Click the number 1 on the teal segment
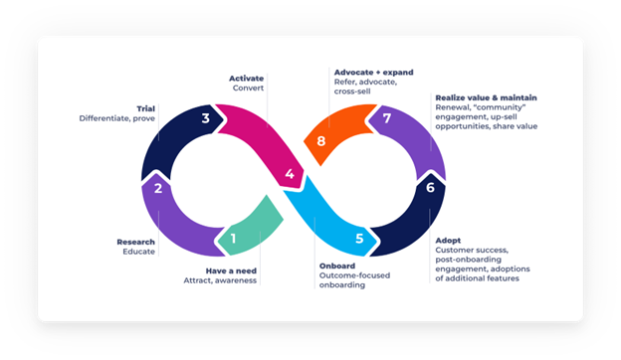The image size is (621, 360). (x=232, y=238)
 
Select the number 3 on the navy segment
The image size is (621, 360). (x=205, y=118)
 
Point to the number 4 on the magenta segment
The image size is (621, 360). (x=289, y=175)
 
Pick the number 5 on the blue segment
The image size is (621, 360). (x=359, y=239)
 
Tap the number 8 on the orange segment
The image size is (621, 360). (x=320, y=141)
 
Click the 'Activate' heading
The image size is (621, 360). (x=246, y=77)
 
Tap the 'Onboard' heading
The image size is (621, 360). (x=336, y=267)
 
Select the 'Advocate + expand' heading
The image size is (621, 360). (x=371, y=73)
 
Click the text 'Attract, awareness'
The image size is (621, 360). (x=220, y=280)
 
